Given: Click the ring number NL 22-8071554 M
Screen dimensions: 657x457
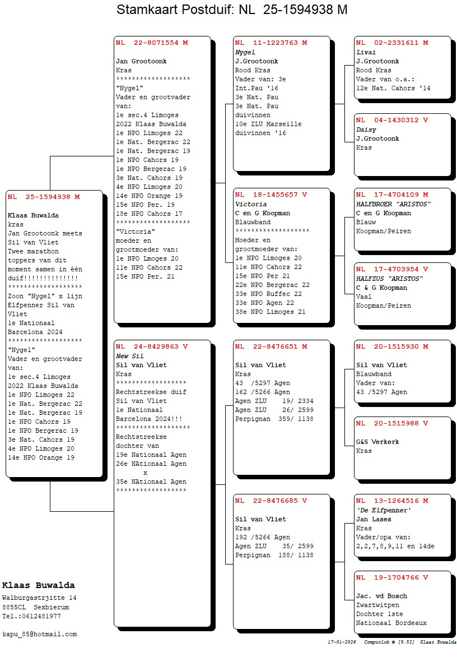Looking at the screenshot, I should point(152,43).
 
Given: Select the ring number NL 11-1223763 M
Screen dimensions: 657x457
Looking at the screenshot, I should point(271,43).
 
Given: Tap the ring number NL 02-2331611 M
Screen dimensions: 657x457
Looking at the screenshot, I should point(392,43).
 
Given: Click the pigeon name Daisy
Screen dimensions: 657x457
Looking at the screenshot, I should point(366,129).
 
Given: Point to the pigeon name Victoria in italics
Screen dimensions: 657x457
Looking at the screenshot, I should point(251,204).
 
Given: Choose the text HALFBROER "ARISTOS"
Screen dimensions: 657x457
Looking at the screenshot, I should point(393,204).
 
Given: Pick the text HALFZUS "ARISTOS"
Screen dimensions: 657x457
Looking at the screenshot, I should point(390,279).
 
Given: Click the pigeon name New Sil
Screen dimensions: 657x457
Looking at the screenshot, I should point(130,356).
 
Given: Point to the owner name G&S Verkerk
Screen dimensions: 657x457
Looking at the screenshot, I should point(377,442).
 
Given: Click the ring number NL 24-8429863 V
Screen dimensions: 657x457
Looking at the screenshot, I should point(152,346).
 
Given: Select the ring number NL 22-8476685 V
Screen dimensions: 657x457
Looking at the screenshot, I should point(271,501).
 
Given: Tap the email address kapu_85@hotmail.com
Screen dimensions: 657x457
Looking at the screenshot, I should point(40,634).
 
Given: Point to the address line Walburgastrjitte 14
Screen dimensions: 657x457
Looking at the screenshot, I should point(39,598).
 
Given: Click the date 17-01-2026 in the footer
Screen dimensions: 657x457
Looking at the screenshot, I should point(342,641).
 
